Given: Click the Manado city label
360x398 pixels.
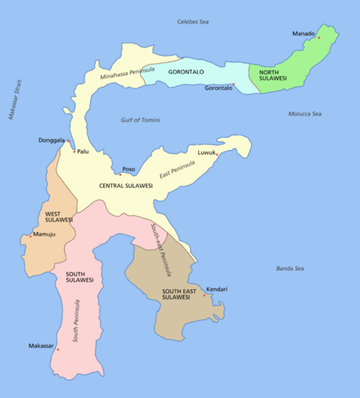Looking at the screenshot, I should (x=303, y=34).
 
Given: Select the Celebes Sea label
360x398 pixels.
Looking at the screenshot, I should (x=194, y=20).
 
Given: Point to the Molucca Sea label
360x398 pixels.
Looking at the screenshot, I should (x=304, y=114).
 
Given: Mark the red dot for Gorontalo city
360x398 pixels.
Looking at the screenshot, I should (x=233, y=84).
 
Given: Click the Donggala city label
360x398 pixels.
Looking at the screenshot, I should (x=52, y=140).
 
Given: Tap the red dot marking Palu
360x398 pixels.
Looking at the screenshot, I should (x=74, y=151).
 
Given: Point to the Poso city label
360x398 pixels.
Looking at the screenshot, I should (x=128, y=170).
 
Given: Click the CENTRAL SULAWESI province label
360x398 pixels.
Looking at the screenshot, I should (x=126, y=186).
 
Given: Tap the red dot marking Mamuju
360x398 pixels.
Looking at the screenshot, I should (x=31, y=236).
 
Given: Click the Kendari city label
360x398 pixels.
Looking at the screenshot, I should (x=217, y=289).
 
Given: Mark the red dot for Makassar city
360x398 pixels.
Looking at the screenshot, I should (x=57, y=350).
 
